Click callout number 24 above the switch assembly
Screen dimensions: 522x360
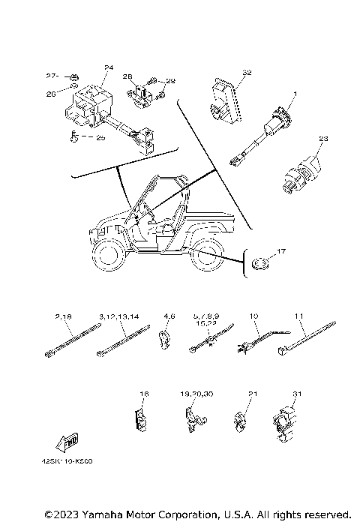[108, 68]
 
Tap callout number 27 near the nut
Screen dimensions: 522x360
[51, 76]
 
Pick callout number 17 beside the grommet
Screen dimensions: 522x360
[282, 251]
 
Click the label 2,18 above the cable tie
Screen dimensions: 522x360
[61, 318]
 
